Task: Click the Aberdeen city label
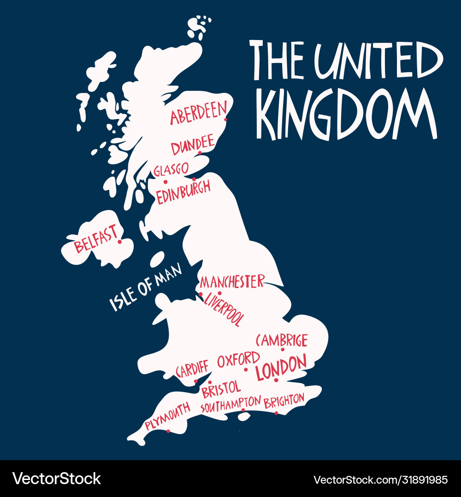[198, 113]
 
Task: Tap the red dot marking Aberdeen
[225, 120]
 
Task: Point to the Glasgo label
[171, 170]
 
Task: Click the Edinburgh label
[183, 192]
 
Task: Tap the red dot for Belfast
[119, 242]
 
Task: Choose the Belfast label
[96, 239]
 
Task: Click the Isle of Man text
[146, 287]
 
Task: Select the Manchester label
[232, 281]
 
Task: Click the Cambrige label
[282, 340]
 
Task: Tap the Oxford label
[238, 359]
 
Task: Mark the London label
[281, 367]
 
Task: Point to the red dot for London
[276, 380]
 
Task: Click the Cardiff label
[192, 369]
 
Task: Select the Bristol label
[221, 389]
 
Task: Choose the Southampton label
[230, 404]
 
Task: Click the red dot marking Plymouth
[168, 431]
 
